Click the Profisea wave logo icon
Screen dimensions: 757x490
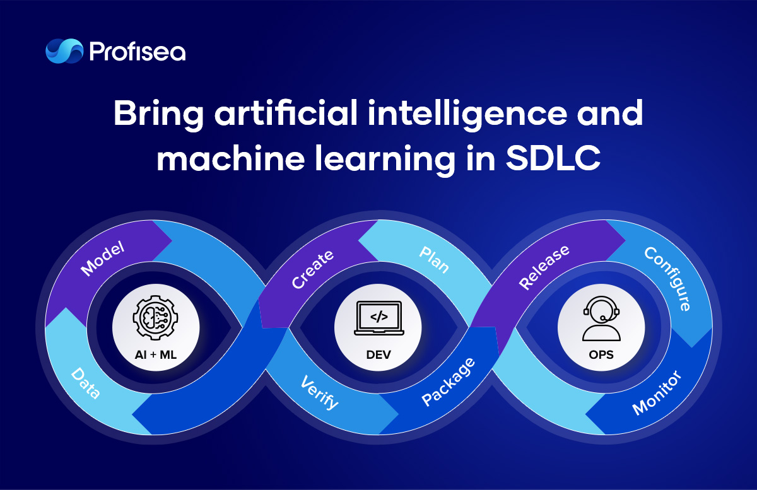tap(64, 51)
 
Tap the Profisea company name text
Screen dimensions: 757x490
tap(138, 52)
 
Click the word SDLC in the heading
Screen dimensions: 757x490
tap(553, 158)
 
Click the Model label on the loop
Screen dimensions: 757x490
tap(102, 259)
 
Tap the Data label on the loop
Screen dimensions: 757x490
tap(86, 383)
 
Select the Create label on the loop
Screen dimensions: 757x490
tap(313, 269)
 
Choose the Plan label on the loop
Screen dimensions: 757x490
tap(434, 260)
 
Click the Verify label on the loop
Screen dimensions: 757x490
tap(319, 392)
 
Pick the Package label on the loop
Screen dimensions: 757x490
tap(449, 382)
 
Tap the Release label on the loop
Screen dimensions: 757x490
tap(544, 267)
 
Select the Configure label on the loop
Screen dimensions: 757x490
tap(667, 279)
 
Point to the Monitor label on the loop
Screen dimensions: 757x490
tap(657, 393)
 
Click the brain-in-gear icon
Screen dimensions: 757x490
tap(155, 317)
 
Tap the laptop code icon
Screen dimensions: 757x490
tap(379, 318)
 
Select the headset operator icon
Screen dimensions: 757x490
tap(601, 318)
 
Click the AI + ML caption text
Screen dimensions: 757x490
tap(155, 355)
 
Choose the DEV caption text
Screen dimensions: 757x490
tap(378, 355)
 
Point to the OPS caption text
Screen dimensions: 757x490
tap(601, 355)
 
